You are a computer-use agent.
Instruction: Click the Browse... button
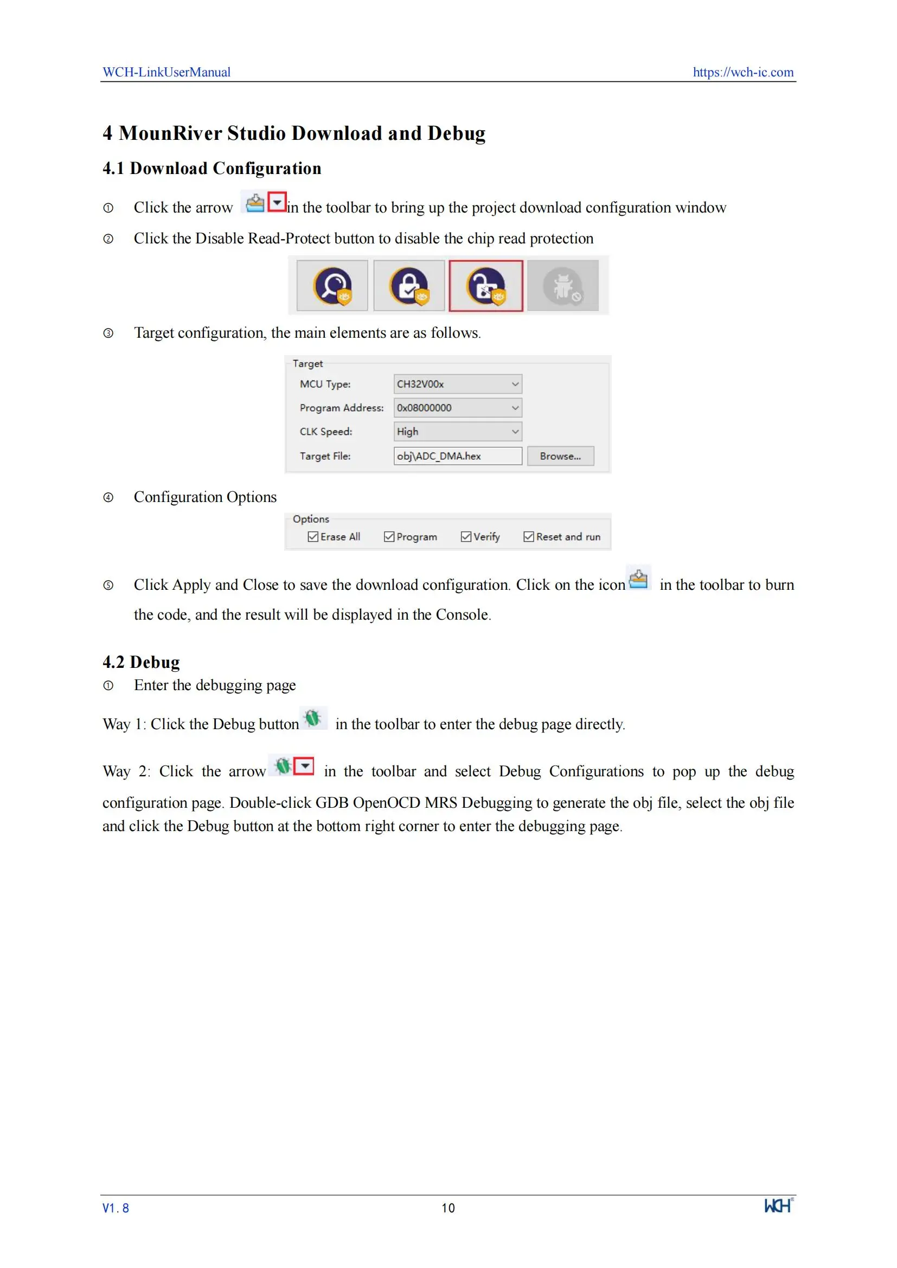[560, 456]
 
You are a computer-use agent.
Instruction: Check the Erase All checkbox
[313, 537]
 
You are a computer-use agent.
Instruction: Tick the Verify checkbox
[466, 537]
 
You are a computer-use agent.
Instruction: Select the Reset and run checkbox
[529, 537]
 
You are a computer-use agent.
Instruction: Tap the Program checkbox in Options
[389, 537]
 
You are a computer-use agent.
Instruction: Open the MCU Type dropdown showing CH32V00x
[457, 384]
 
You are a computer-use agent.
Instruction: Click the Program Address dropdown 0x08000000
[457, 408]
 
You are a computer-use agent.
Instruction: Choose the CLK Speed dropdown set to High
[457, 432]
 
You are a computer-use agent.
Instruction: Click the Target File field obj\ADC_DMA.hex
[457, 456]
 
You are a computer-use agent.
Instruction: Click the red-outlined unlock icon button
[485, 286]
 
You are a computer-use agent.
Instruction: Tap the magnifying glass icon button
[332, 286]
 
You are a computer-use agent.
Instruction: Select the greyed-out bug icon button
[563, 286]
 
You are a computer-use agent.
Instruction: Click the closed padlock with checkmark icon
[409, 286]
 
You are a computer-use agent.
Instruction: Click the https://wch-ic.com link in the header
[743, 72]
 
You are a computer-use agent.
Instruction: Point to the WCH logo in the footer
[778, 1206]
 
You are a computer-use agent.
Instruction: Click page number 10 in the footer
[448, 1208]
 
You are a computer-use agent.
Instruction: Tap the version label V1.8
[116, 1208]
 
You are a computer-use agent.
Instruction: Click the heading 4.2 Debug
[142, 661]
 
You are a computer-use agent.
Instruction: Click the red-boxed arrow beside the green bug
[304, 766]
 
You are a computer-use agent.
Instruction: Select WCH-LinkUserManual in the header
[167, 72]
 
